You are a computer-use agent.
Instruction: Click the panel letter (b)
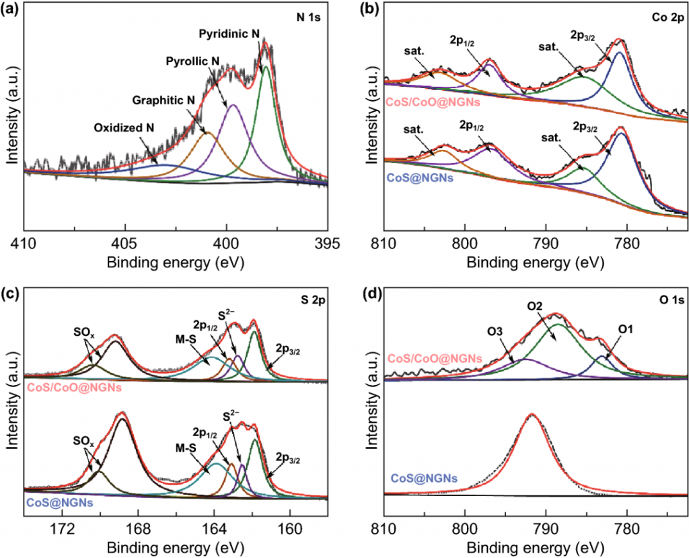point(369,9)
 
